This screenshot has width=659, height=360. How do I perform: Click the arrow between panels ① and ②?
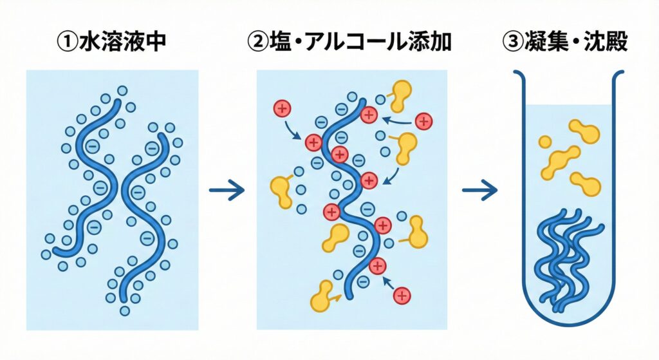click(227, 190)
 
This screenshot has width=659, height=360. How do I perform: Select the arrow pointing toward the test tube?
click(479, 190)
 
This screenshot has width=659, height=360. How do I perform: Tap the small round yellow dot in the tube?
click(545, 142)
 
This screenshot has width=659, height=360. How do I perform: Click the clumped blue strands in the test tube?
click(567, 258)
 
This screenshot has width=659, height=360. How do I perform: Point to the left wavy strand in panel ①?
click(97, 174)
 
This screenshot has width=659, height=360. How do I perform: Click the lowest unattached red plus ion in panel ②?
click(402, 296)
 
